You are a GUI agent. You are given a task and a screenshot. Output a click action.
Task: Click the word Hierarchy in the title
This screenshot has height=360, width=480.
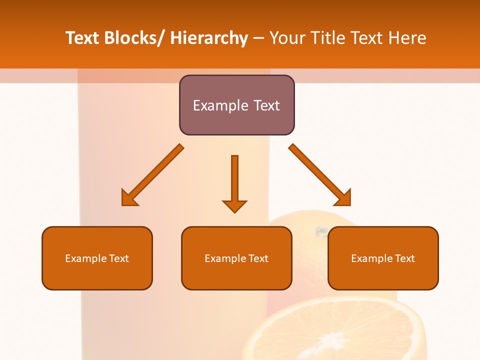209,38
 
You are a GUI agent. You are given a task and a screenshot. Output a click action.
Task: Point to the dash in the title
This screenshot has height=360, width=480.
258,38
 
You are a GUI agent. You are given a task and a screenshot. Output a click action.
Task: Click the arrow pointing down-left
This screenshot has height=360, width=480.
155,173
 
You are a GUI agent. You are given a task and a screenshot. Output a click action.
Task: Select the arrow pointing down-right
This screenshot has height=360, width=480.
317,173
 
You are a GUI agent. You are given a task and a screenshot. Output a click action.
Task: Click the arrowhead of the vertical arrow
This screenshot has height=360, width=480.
234,206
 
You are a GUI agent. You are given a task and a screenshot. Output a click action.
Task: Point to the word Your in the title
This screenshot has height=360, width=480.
287,38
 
